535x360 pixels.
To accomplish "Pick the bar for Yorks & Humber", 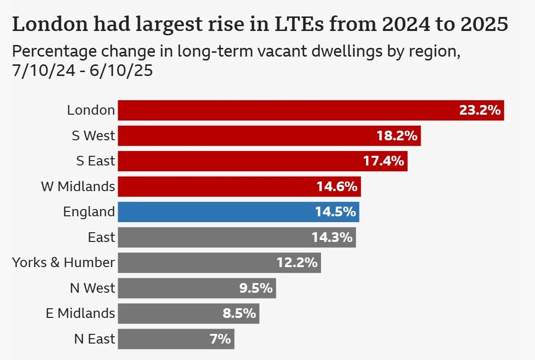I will (194, 263).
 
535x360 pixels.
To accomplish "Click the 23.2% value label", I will (479, 110).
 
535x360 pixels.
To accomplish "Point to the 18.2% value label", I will (397, 136).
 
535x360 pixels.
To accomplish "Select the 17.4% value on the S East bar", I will (383, 161).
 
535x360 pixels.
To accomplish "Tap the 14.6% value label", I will (337, 187).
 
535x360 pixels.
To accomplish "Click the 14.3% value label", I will (332, 238).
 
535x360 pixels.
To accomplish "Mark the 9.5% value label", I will (256, 288).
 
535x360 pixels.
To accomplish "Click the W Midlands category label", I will (78, 186).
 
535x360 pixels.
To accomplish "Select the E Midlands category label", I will (80, 313).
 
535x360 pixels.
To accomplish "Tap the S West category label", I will (93, 136).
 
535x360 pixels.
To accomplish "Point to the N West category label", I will (92, 288).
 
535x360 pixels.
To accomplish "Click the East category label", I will (102, 238).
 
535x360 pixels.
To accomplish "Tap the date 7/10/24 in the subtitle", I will (43, 71).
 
